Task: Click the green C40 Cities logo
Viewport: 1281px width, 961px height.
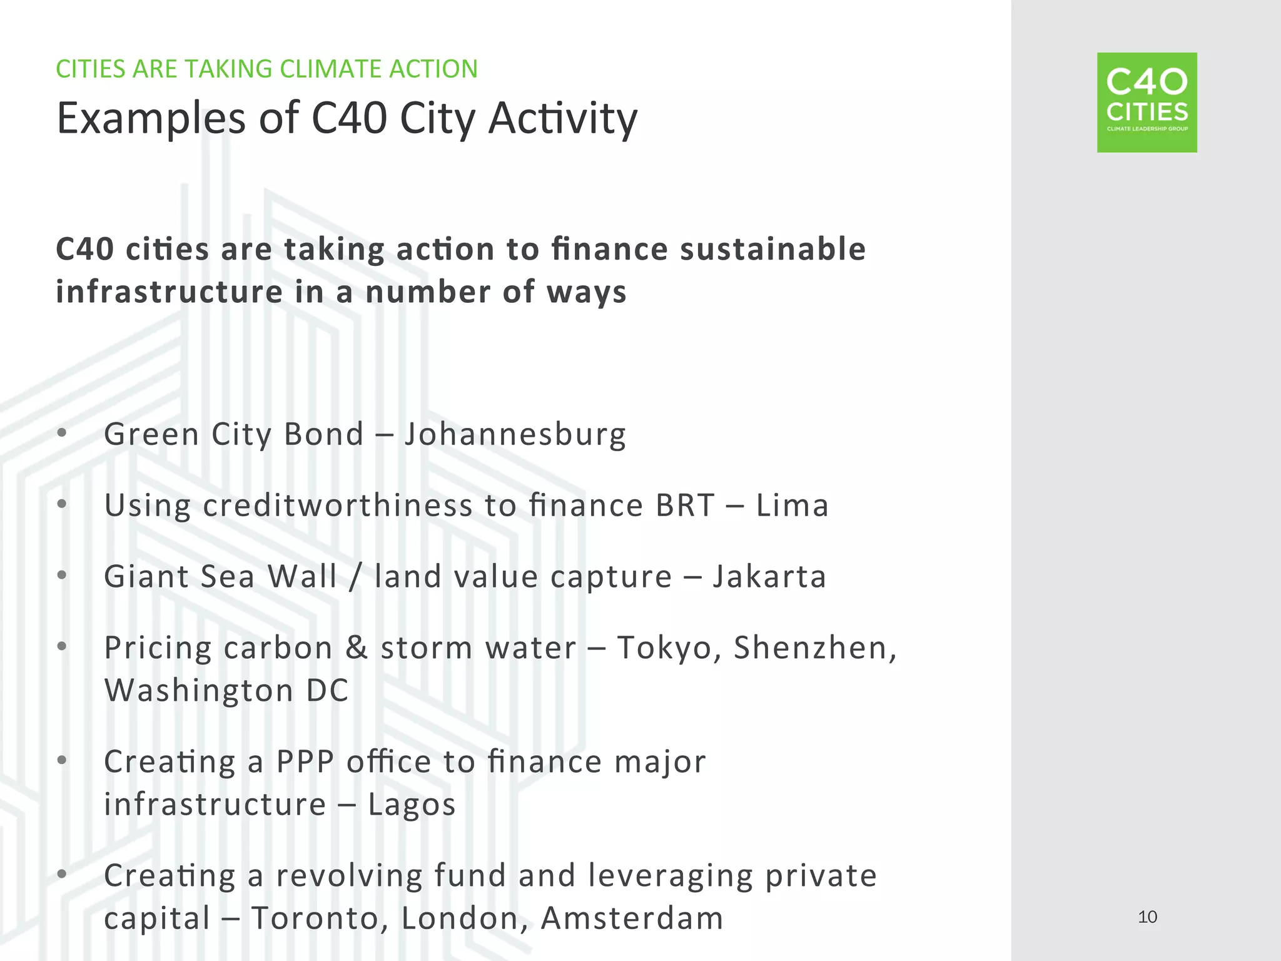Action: point(1147,103)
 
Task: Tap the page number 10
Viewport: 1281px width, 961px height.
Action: point(1147,917)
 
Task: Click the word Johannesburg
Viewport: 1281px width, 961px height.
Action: point(514,435)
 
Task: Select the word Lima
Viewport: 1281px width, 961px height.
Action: point(792,506)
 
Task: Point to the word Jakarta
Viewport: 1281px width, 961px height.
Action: point(769,577)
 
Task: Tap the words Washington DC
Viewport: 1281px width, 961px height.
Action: point(226,691)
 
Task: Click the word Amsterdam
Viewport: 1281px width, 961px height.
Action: point(632,918)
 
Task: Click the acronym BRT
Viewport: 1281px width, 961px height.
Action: point(685,506)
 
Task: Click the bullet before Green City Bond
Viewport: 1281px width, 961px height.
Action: point(61,433)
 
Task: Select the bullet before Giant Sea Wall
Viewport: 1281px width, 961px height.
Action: point(61,575)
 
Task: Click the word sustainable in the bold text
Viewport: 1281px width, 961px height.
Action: point(772,249)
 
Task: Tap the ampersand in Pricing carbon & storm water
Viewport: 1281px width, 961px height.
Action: point(356,648)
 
